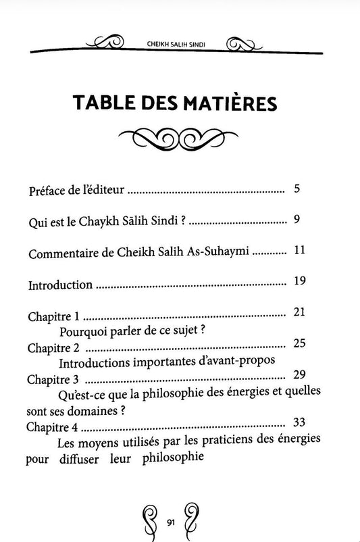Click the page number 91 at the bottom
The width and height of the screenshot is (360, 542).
tap(172, 520)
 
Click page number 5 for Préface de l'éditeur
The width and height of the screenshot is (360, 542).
tap(298, 188)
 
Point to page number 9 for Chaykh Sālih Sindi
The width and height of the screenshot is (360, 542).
tap(297, 218)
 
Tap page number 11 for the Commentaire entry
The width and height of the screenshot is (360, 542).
tap(301, 250)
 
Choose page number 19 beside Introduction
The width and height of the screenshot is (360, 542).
tap(301, 280)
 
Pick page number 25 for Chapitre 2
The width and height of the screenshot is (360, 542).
tap(301, 343)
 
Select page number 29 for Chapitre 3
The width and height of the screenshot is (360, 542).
tap(301, 374)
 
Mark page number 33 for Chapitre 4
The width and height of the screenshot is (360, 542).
tap(301, 422)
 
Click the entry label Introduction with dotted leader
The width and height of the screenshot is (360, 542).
tap(60, 285)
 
